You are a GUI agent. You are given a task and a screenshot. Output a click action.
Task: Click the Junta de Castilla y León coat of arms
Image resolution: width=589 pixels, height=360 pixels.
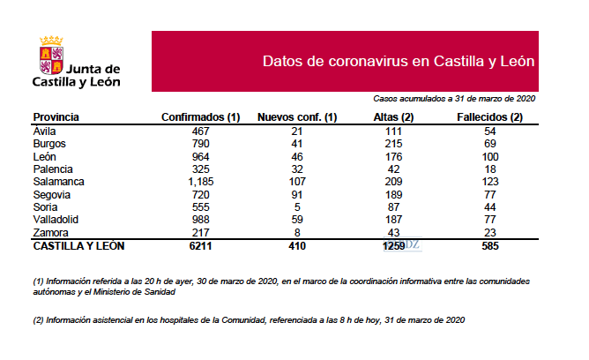[x=51, y=54]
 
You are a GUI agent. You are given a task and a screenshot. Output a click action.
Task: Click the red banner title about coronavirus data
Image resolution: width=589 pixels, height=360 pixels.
[x=399, y=61]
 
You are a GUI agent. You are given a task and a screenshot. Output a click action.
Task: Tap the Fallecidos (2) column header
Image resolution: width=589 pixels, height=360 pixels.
[x=490, y=116]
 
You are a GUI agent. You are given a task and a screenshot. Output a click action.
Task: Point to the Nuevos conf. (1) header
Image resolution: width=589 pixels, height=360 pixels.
[x=297, y=116]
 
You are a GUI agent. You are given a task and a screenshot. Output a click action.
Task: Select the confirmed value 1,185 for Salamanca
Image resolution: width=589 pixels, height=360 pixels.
[x=202, y=180]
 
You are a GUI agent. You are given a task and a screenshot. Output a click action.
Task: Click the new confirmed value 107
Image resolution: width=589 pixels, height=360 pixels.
[x=297, y=180]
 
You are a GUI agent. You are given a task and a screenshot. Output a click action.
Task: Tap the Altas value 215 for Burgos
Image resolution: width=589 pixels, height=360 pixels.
[x=394, y=142]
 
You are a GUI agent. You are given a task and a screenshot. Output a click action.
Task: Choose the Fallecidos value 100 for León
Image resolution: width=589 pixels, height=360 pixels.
[x=490, y=155]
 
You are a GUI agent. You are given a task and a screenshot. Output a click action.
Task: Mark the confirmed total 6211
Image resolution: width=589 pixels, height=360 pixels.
[x=202, y=246]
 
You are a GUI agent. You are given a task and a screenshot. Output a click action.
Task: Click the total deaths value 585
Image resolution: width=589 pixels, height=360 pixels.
[x=490, y=246]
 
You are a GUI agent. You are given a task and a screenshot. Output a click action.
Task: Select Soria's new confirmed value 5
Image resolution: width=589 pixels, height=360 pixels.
[x=297, y=206]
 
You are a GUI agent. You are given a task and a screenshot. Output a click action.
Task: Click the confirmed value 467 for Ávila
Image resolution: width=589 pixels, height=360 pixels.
[x=202, y=130]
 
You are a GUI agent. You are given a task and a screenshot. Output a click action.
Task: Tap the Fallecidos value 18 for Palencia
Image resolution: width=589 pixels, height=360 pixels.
[x=490, y=168]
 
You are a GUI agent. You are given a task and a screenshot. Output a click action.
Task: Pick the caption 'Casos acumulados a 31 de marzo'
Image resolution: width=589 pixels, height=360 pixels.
[x=454, y=100]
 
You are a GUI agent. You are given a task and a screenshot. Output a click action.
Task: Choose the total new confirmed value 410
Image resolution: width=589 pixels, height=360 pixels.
[x=297, y=246]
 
